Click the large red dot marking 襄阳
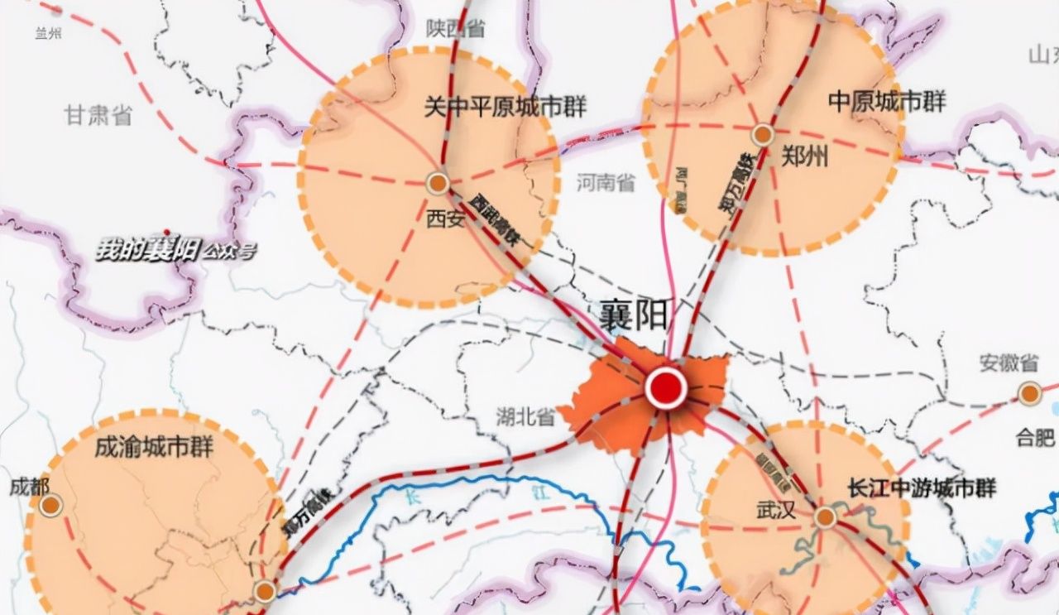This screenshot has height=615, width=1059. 666,387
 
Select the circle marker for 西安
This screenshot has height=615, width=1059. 437,183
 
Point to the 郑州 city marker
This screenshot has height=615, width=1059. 762,135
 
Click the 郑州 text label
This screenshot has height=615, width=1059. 804,157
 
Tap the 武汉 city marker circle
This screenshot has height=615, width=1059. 825,518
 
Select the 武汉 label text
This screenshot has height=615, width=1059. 776,510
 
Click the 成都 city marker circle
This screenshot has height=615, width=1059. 51,504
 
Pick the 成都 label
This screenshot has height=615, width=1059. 30,487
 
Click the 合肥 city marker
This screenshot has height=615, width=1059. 1029,393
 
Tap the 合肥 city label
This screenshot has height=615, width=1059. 1035,437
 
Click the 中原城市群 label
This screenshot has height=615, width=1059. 887,102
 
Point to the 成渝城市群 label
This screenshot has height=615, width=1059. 154,448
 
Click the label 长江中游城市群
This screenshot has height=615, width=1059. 921,488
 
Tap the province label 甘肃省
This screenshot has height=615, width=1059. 98,115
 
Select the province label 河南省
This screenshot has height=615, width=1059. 606,182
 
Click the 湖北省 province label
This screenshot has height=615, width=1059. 526,416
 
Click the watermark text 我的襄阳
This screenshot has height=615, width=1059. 147,249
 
